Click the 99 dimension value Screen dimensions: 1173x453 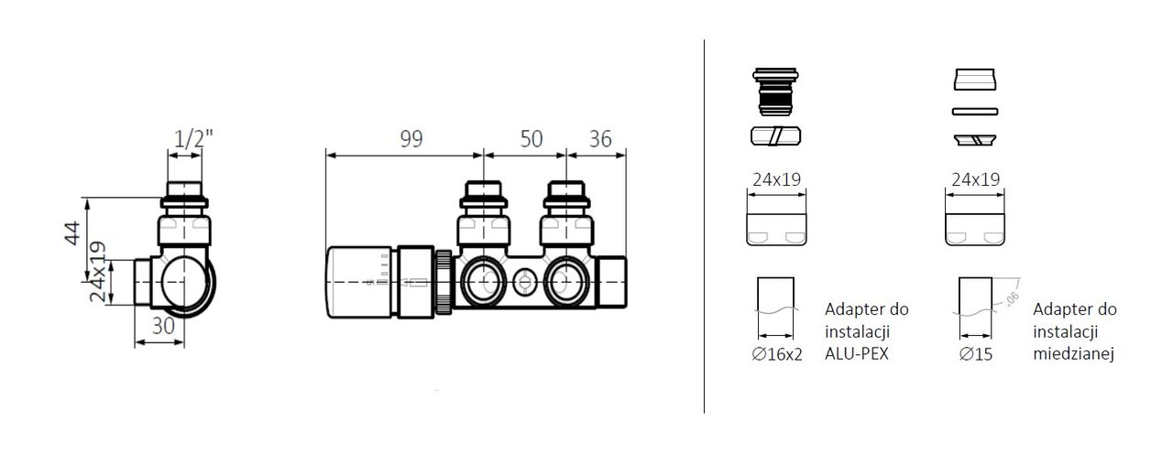pos(411,139)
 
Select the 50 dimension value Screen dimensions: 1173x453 pos(531,139)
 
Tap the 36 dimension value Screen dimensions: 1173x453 pos(600,139)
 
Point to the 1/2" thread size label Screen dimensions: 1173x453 pos(193,138)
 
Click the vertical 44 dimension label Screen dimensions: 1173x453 pos(72,233)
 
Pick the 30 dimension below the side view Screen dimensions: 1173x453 pos(163,327)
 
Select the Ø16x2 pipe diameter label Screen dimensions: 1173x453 pos(776,355)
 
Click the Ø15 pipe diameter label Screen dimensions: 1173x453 pos(976,355)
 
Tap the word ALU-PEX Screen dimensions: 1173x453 pos(857,354)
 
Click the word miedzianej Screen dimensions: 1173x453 pos(1073,355)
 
